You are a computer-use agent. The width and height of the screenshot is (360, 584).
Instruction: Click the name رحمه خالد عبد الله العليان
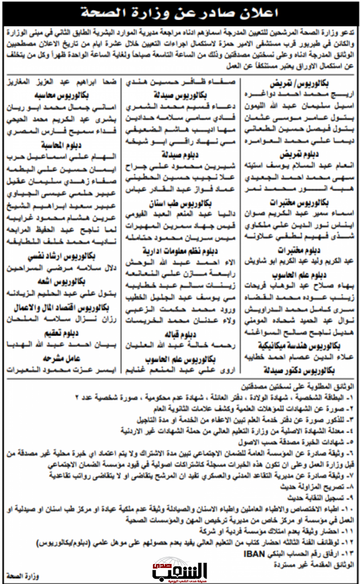pyautogui.click(x=179, y=346)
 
